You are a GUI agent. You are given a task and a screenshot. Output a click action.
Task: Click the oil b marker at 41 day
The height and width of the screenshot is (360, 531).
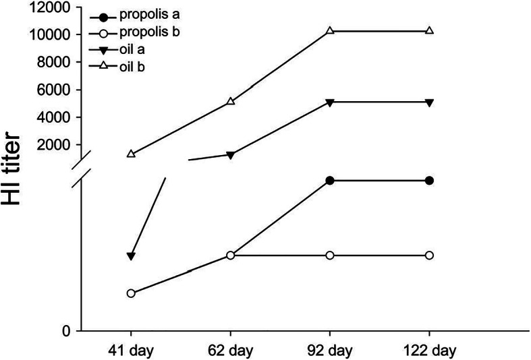coord(131,154)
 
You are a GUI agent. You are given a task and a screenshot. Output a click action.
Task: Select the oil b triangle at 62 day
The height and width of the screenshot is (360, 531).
coord(230,101)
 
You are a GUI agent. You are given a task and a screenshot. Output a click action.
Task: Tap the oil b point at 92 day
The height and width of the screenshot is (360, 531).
coord(330,31)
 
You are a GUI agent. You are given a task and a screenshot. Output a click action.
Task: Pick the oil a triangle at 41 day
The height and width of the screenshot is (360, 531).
coord(131,256)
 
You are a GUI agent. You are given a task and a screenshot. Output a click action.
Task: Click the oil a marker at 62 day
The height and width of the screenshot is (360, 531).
coord(230,155)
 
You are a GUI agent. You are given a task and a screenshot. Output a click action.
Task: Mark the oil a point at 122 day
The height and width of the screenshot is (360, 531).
coord(429,102)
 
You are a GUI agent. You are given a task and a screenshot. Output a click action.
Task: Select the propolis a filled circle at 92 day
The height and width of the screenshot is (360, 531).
coord(330,181)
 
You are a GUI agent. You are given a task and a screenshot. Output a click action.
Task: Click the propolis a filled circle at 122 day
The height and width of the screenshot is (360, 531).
coord(429,181)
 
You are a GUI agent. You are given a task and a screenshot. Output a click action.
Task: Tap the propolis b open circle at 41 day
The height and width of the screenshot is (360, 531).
coord(131,293)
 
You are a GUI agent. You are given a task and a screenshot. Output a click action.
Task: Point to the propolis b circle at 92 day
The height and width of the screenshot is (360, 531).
coord(330,256)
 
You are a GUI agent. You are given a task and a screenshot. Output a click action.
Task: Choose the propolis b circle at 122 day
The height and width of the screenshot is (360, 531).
coord(429,256)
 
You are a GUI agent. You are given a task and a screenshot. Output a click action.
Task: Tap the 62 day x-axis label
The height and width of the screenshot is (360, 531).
coord(230,351)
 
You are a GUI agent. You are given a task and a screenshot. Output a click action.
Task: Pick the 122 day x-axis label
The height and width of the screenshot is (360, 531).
coord(429,351)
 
